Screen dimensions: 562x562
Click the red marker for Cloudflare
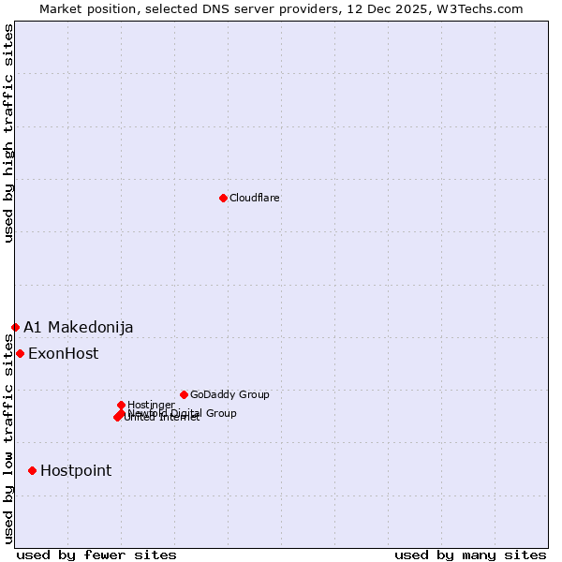(x=223, y=198)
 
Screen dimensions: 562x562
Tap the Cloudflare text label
(x=255, y=199)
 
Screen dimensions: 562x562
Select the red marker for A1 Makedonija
(x=15, y=327)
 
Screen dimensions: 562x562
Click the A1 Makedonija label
(x=79, y=327)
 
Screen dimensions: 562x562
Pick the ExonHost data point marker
(x=20, y=353)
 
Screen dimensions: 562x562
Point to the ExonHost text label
(x=63, y=354)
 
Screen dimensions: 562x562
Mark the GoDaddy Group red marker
(x=184, y=394)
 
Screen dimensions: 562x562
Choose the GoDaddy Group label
(x=229, y=395)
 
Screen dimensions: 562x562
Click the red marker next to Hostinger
(x=121, y=405)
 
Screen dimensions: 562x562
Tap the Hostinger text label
(x=152, y=405)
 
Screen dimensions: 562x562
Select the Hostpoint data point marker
(x=32, y=470)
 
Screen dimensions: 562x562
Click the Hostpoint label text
(x=76, y=471)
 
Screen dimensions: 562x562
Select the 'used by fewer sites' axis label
(x=96, y=555)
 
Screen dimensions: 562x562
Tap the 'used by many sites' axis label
(x=470, y=555)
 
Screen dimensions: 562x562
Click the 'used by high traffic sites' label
(x=8, y=134)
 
